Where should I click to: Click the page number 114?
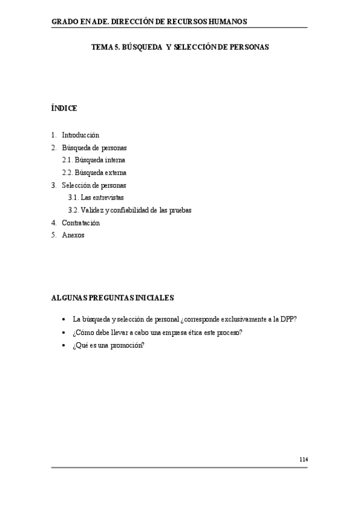pos(304,459)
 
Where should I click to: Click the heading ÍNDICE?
pos(64,108)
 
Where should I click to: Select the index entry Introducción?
pos(81,135)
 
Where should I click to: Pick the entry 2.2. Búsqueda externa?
pos(94,173)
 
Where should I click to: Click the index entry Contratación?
pos(81,223)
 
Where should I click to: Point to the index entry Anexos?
pos(73,235)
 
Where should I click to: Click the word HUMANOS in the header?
pos(225,22)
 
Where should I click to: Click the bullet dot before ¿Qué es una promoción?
pos(63,345)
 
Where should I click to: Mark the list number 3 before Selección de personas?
pos(53,185)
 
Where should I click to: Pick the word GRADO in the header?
pos(64,22)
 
